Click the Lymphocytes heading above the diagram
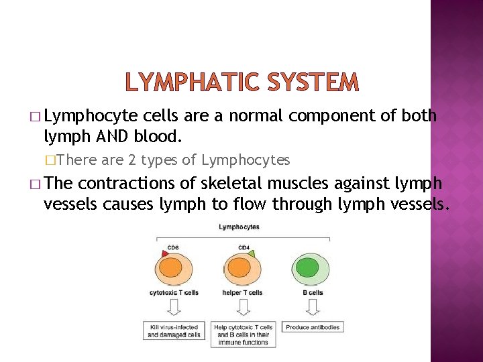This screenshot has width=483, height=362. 239,227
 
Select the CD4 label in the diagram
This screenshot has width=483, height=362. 244,247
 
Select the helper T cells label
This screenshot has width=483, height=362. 242,293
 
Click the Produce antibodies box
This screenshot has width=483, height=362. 312,327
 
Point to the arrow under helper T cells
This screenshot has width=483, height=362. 242,308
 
